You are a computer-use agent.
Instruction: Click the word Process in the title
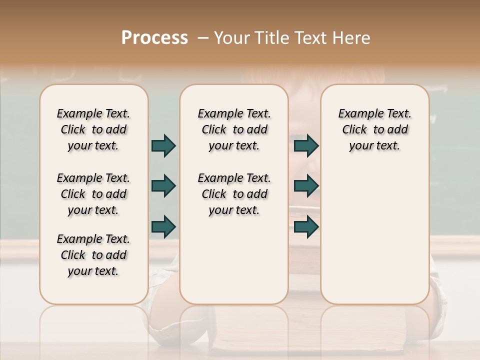154,38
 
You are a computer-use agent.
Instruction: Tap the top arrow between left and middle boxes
163,145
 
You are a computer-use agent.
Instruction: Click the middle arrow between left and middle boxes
163,186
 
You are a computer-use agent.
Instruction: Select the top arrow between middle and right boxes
306,145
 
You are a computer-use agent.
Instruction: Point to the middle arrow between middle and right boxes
306,186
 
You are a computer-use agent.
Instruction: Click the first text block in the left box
93,129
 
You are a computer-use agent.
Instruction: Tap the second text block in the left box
93,194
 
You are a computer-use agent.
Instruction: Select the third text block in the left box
93,255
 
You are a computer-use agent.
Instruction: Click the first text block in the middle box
234,129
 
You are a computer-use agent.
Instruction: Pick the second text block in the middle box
234,194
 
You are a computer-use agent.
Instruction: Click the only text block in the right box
374,129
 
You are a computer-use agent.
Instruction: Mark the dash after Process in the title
203,38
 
